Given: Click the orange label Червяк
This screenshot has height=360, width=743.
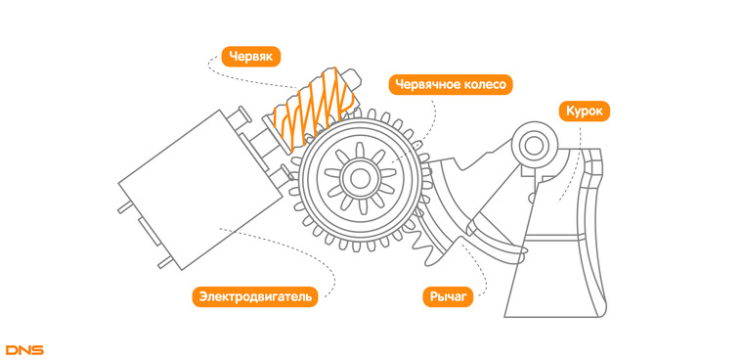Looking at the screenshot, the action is (250, 57).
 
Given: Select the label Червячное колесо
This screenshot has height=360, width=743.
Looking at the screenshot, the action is (451, 84).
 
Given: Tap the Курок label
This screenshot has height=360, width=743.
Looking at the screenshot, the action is (585, 111).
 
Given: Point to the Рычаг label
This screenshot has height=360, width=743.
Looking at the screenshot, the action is (448, 297).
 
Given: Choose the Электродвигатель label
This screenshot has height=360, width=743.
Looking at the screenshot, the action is (255, 297).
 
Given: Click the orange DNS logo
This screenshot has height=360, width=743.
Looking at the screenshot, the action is (24, 350).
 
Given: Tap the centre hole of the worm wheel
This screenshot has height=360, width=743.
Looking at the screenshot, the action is (360, 178).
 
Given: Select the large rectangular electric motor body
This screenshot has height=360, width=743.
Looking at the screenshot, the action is (200, 190).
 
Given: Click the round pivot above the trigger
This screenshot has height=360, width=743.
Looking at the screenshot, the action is (535, 145).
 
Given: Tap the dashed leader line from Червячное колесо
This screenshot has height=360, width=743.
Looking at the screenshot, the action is (426, 138).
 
